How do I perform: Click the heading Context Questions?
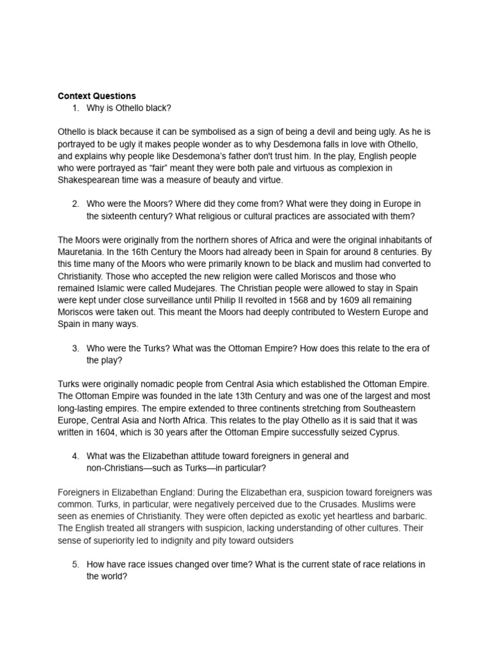tap(97, 96)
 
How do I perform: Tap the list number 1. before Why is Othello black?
tap(75, 108)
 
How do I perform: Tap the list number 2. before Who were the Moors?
tap(75, 204)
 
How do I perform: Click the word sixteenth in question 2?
tap(122, 216)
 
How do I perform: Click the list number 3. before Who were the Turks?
tap(75, 348)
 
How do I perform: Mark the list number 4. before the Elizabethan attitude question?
tap(75, 456)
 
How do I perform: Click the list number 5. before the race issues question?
tap(75, 565)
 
